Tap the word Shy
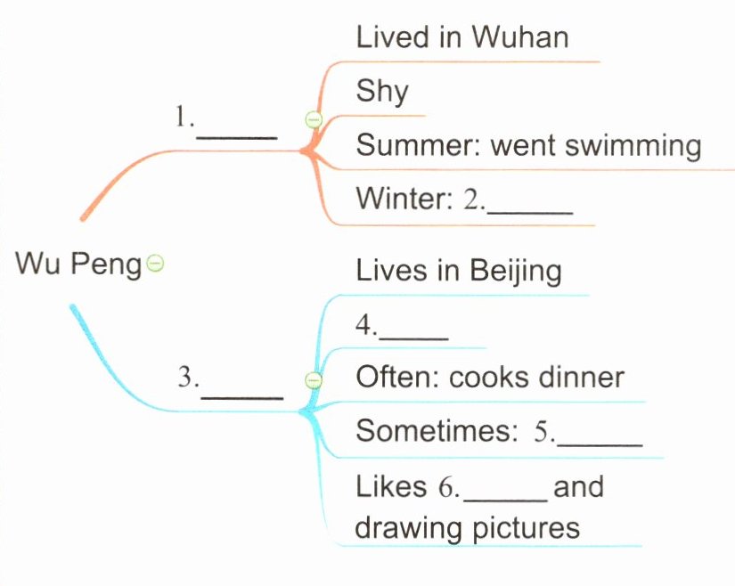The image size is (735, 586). pyautogui.click(x=381, y=91)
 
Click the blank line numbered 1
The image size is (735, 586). pyautogui.click(x=236, y=135)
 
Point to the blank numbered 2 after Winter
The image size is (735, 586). pyautogui.click(x=529, y=210)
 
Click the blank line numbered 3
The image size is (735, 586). pyautogui.click(x=241, y=394)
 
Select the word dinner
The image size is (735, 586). pyautogui.click(x=581, y=377)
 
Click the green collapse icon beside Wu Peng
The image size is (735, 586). pyautogui.click(x=155, y=263)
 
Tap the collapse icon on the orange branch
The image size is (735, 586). pyautogui.click(x=312, y=118)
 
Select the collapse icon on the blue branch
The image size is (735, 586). pyautogui.click(x=312, y=380)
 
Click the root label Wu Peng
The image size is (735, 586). pyautogui.click(x=78, y=264)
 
